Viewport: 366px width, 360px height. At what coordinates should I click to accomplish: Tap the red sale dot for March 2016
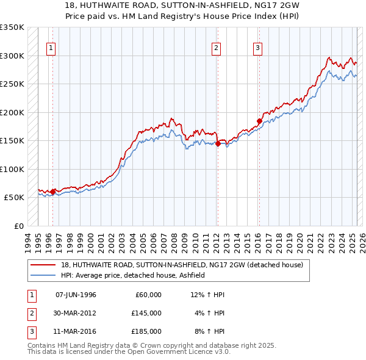click(259, 121)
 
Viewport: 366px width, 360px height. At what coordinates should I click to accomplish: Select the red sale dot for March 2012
click(218, 144)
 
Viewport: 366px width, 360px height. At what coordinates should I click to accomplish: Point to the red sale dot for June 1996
click(52, 192)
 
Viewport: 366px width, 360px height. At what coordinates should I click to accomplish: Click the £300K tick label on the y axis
click(12, 56)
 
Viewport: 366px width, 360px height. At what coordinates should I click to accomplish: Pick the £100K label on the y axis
click(12, 169)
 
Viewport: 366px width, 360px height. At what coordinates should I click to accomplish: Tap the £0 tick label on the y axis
click(18, 226)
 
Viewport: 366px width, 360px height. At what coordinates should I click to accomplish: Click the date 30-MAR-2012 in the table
click(76, 312)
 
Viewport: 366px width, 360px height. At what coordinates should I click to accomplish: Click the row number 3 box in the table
click(30, 331)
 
